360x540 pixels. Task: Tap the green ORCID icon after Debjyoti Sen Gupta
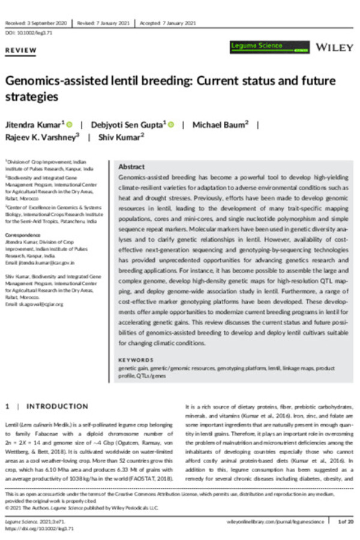pos(171,125)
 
